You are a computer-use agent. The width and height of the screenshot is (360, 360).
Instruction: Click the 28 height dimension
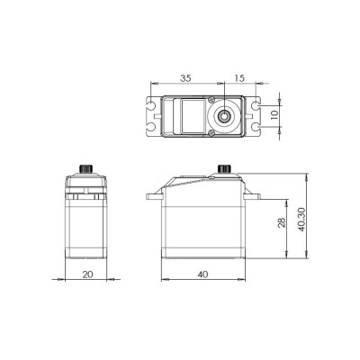click(x=281, y=222)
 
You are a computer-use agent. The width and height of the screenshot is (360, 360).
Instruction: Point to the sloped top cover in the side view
click(x=193, y=182)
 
